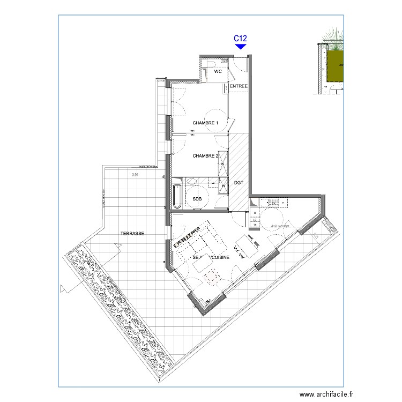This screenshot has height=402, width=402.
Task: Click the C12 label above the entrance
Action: point(241,38)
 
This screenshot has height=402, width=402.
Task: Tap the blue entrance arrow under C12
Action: point(241,47)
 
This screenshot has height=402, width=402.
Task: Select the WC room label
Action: point(218,71)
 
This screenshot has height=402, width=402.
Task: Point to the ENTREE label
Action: point(239,86)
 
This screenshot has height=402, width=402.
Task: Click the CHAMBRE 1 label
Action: point(206,123)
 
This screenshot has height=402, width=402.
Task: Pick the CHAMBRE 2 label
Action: point(205,156)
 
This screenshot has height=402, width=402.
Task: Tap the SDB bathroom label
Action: point(197,199)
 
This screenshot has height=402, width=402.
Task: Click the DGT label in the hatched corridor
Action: point(239,183)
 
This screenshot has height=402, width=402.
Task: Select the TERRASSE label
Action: point(132,234)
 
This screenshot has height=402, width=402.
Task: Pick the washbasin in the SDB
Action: point(191,182)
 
